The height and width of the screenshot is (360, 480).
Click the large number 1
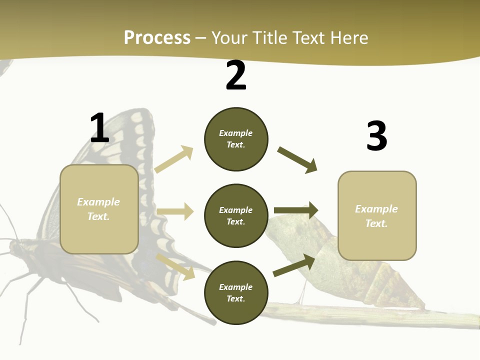tap(99, 128)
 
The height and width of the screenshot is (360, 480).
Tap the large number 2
tap(236, 76)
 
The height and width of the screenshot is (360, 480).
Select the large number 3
tap(377, 136)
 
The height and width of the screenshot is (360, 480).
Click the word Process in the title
tap(157, 37)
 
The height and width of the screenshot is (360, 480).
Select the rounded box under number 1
tap(99, 209)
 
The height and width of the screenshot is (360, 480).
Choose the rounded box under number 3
tap(377, 215)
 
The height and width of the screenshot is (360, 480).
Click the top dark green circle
tap(236, 139)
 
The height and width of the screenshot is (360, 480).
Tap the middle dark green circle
tap(236, 215)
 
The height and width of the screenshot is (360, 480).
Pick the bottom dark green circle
tap(236, 292)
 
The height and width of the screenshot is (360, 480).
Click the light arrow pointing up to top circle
tap(174, 159)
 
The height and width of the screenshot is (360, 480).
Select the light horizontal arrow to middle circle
tap(175, 211)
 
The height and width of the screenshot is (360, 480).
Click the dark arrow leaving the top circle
tap(297, 159)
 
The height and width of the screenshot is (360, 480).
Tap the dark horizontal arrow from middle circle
tap(296, 210)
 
